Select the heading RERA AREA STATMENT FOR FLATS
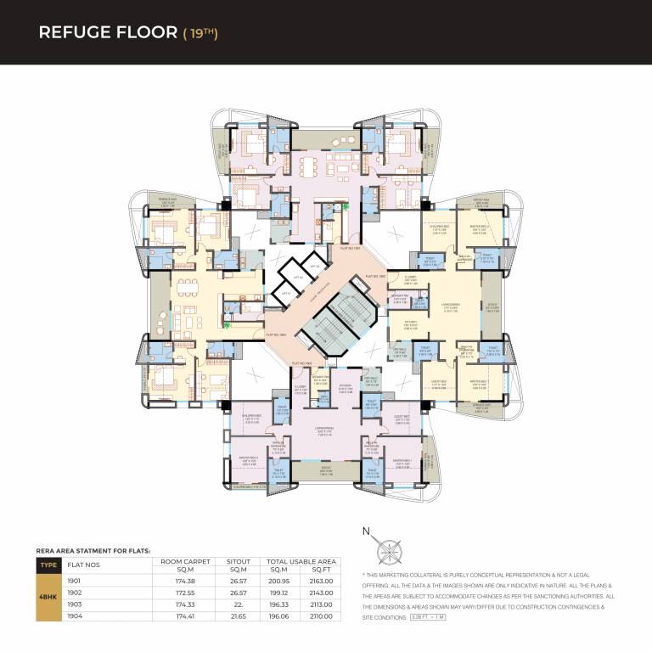pyautogui.click(x=93, y=550)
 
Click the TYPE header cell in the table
pyautogui.click(x=47, y=564)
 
